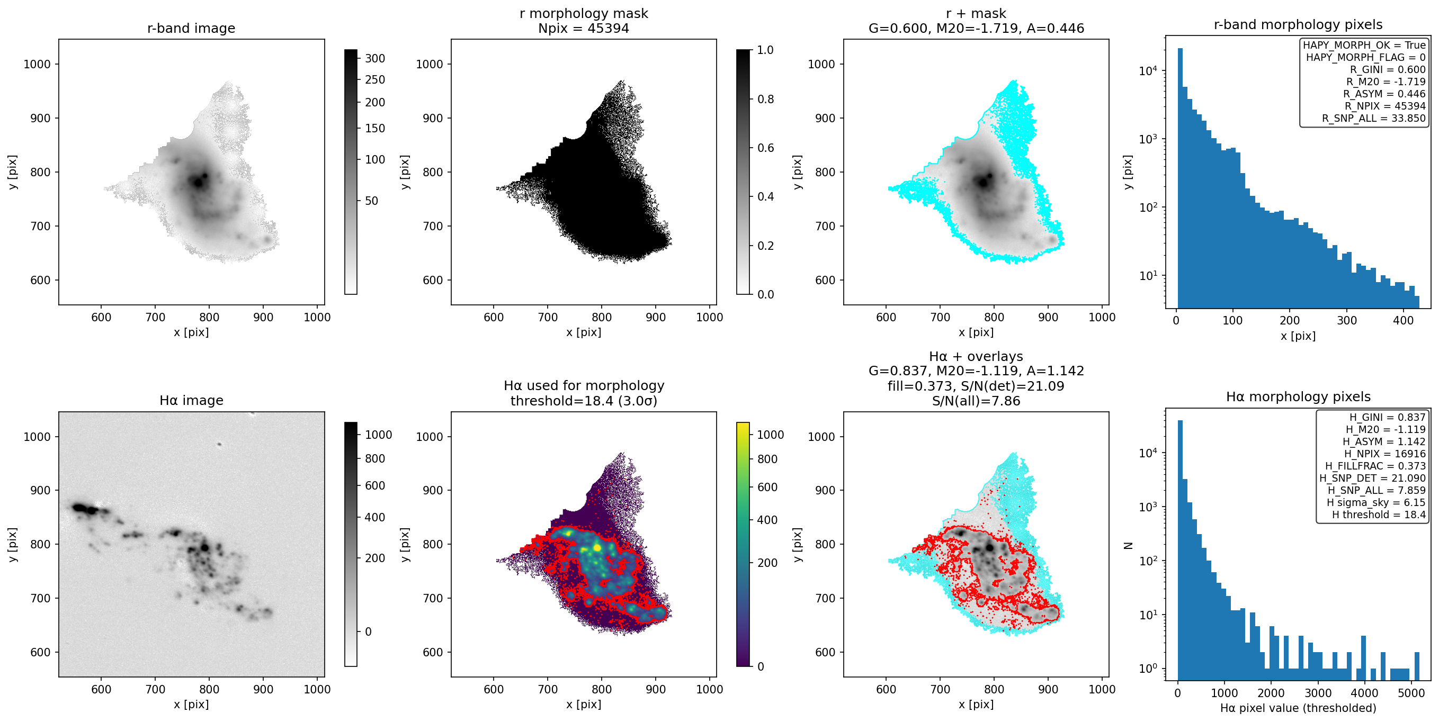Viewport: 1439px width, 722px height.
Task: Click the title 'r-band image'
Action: pos(191,28)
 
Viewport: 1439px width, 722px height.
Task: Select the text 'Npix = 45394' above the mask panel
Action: pos(583,28)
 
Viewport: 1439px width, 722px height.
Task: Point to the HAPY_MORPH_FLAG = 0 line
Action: pos(1365,57)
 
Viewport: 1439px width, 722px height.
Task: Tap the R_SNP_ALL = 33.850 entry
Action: pos(1374,118)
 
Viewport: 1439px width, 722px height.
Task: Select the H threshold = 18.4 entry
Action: pos(1379,515)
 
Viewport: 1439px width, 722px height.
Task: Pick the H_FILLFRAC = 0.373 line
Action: pos(1375,466)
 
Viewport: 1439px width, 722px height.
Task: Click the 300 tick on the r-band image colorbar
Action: pos(375,58)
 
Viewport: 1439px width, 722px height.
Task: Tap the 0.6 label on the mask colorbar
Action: pos(765,147)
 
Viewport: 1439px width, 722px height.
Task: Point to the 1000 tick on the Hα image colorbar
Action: pos(378,435)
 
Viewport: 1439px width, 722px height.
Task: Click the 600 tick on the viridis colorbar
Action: pos(767,487)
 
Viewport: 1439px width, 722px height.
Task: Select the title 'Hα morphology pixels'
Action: pos(1298,396)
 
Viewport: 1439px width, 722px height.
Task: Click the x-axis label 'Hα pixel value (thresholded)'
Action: pos(1298,708)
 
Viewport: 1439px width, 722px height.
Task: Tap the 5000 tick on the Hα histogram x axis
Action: pos(1411,693)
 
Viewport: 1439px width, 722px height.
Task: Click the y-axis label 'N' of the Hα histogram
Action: pos(1127,546)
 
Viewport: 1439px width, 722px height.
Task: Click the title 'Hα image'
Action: pos(191,400)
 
